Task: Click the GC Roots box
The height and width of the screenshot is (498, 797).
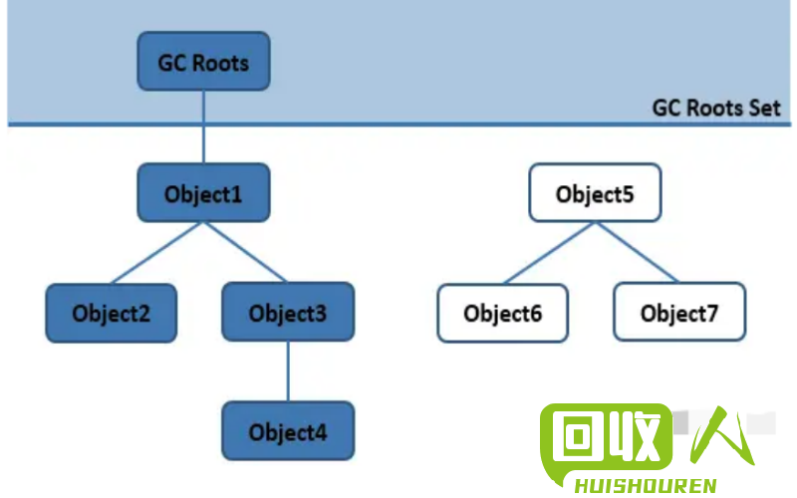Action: pos(203,62)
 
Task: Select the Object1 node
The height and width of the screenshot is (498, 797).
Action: pos(203,192)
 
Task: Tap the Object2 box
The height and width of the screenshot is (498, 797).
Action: pos(112,313)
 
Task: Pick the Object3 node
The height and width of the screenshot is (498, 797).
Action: pos(288,312)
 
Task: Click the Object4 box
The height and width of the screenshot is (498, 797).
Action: pos(288,431)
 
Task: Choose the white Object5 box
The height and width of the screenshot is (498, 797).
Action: pos(595,192)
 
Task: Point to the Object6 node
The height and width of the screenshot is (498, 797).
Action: pos(503,313)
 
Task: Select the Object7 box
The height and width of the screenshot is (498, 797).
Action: pos(679,312)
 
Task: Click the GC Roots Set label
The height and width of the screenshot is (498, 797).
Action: pos(715,109)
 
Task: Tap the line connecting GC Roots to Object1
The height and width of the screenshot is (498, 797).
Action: pos(203,127)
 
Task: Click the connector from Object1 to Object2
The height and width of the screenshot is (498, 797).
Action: pos(157,253)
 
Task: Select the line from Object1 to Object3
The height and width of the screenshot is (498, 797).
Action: pos(245,252)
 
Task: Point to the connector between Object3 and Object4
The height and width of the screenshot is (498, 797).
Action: pos(288,372)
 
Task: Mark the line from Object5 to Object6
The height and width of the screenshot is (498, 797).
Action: pos(549,253)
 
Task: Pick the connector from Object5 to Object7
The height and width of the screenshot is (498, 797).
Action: pos(638,252)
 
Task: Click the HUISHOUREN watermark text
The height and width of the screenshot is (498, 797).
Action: pos(646,486)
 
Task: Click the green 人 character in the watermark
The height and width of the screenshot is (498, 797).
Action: pos(721,436)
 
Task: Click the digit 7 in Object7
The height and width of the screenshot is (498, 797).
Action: pos(712,313)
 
